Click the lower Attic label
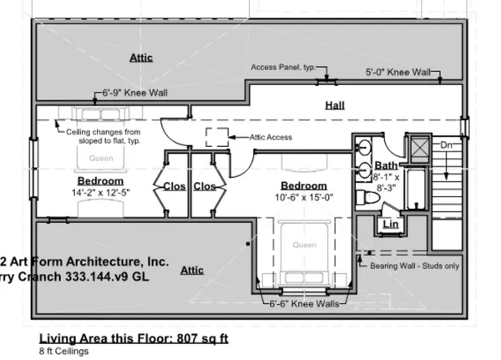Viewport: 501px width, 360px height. point(191,271)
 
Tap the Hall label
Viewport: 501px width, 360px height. point(335,105)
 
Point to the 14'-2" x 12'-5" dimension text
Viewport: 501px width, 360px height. point(101,192)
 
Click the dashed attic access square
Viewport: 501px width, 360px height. point(217,138)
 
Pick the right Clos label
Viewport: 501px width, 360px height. point(205,185)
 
